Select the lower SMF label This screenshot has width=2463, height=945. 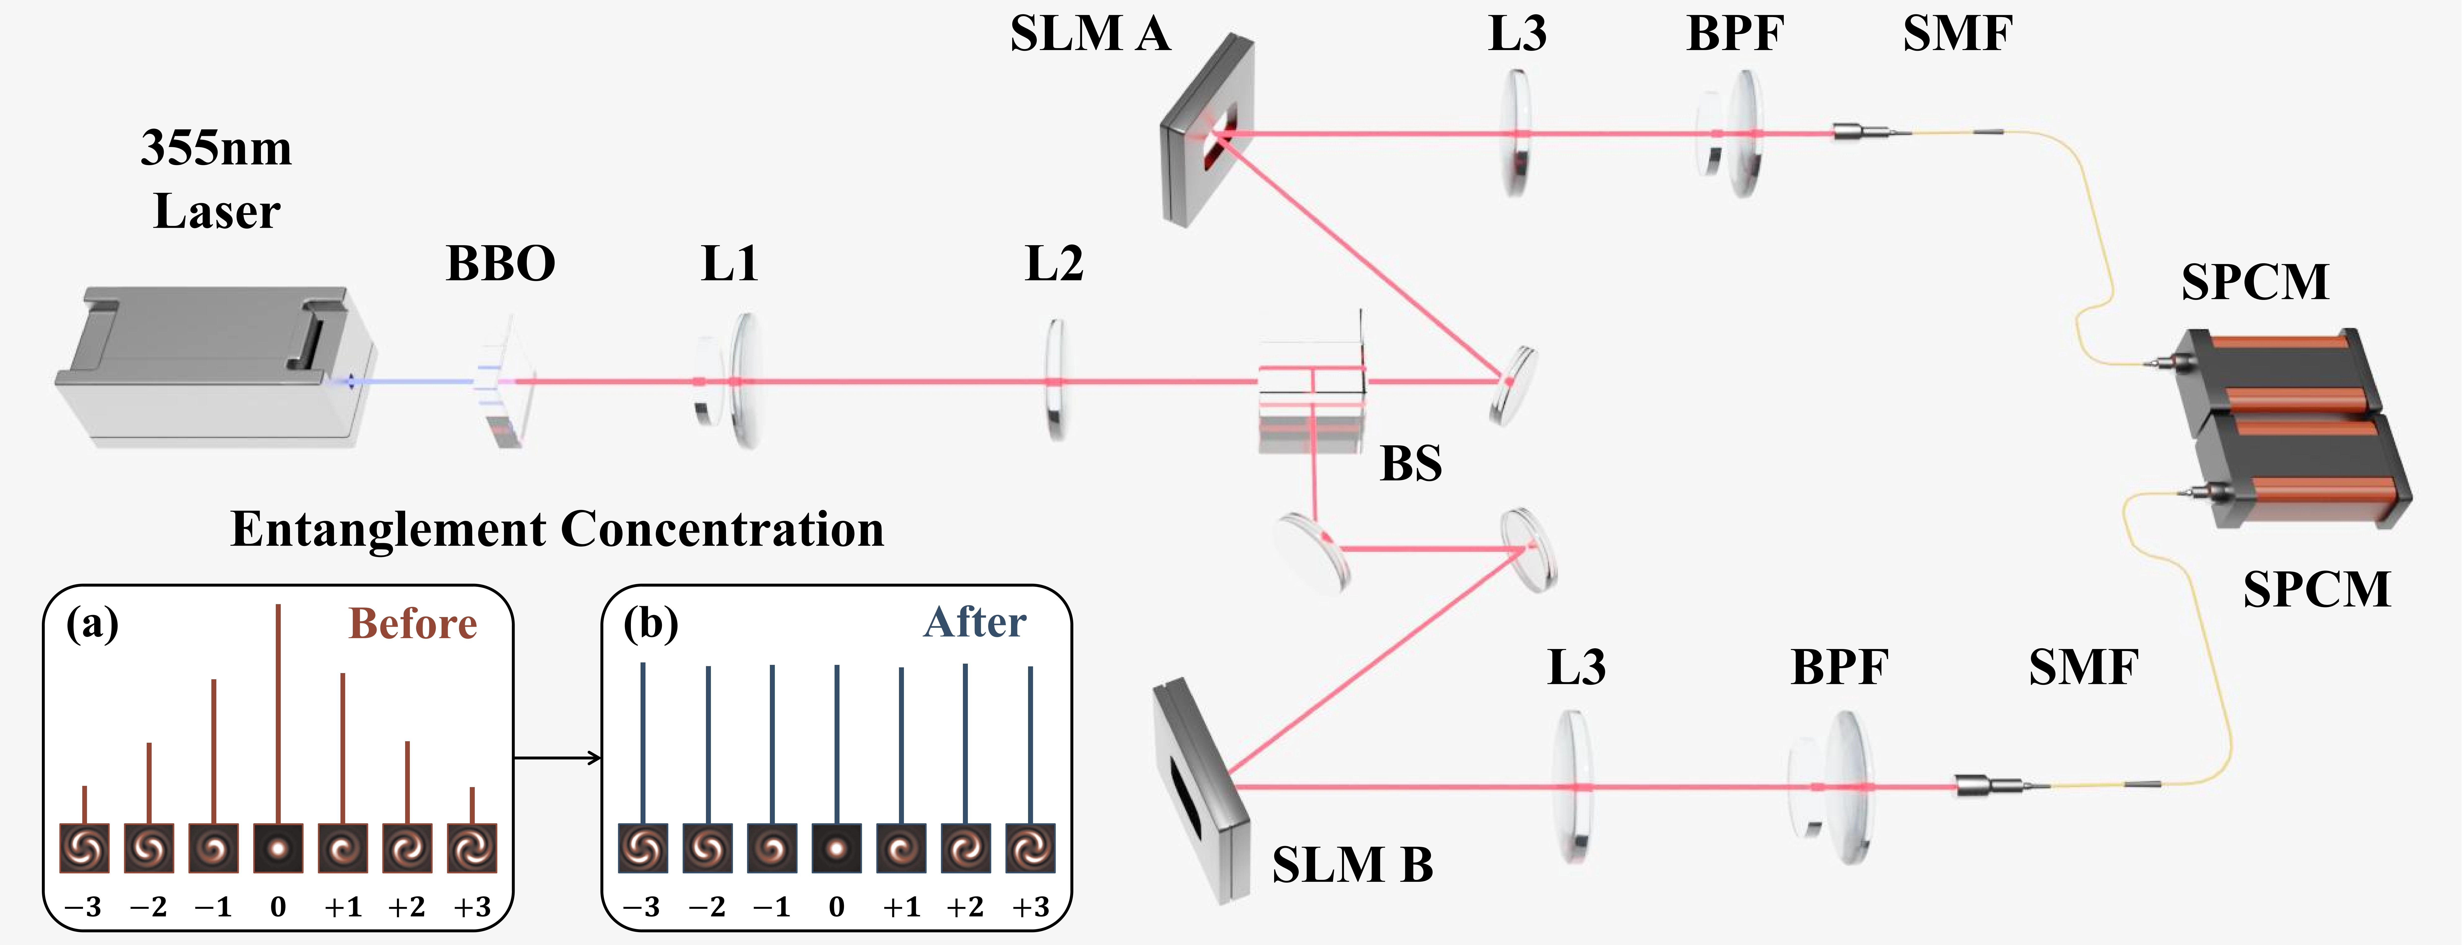pyautogui.click(x=2083, y=668)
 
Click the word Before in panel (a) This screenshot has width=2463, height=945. pyautogui.click(x=412, y=624)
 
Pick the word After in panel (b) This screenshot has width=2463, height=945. pyautogui.click(x=974, y=623)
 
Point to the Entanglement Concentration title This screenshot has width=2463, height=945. pyautogui.click(x=558, y=529)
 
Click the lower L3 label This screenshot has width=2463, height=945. pyautogui.click(x=1577, y=668)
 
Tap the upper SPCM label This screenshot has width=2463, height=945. pyautogui.click(x=2255, y=282)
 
